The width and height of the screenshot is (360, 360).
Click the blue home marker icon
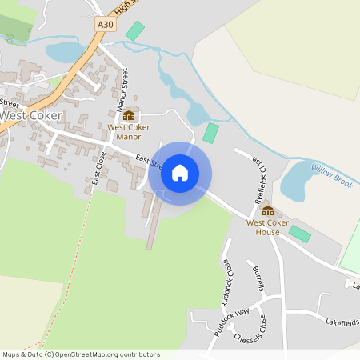point(180,173)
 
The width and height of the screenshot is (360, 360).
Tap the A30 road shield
point(105,25)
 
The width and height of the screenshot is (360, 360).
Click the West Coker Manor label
point(129,131)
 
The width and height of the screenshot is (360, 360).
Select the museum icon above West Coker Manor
point(129,115)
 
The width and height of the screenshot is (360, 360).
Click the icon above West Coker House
point(267,210)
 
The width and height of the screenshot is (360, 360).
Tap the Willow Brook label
point(332,177)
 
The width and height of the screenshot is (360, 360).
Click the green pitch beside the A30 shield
point(135,31)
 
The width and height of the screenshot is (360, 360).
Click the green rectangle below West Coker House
point(300,234)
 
